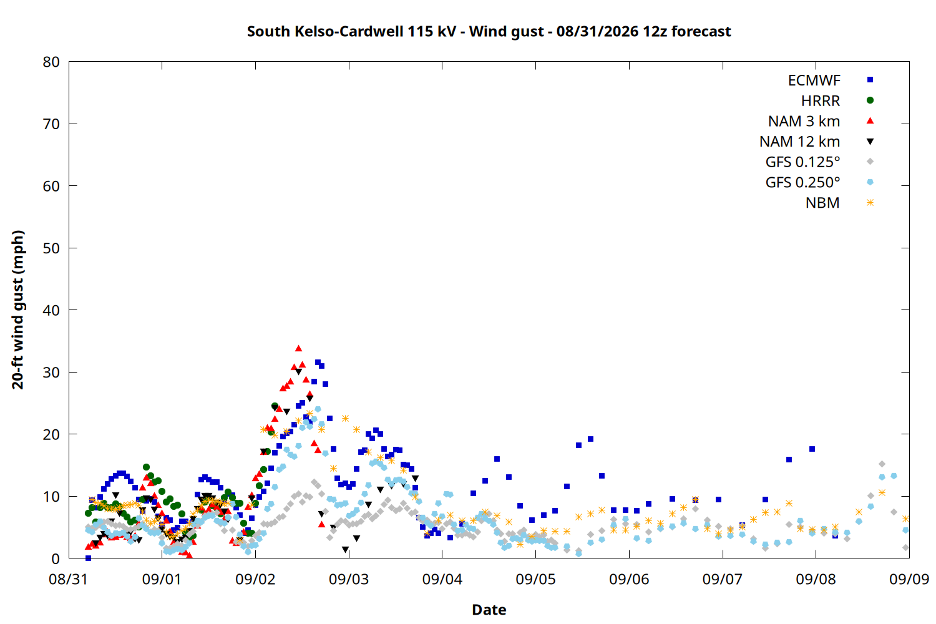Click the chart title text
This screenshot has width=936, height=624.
489,31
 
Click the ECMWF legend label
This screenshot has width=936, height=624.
814,80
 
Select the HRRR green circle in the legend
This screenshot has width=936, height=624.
870,100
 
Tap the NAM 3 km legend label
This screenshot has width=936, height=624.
804,121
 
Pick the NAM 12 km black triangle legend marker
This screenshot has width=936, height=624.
870,142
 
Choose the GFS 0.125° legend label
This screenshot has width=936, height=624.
802,162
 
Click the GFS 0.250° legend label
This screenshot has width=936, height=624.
802,182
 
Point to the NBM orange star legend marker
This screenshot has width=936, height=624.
870,203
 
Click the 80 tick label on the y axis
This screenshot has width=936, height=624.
51,62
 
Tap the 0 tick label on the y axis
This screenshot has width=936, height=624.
56,559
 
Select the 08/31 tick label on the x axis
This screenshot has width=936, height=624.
68,579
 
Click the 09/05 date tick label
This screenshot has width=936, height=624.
535,579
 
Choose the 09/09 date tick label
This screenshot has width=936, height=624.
909,579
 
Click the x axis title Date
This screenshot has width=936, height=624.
489,610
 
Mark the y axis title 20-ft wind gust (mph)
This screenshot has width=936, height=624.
18,310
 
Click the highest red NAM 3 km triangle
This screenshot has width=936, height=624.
298,348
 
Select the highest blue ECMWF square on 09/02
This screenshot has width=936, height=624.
318,363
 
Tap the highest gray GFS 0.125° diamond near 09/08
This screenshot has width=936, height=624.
882,464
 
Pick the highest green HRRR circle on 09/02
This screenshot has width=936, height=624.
275,406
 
